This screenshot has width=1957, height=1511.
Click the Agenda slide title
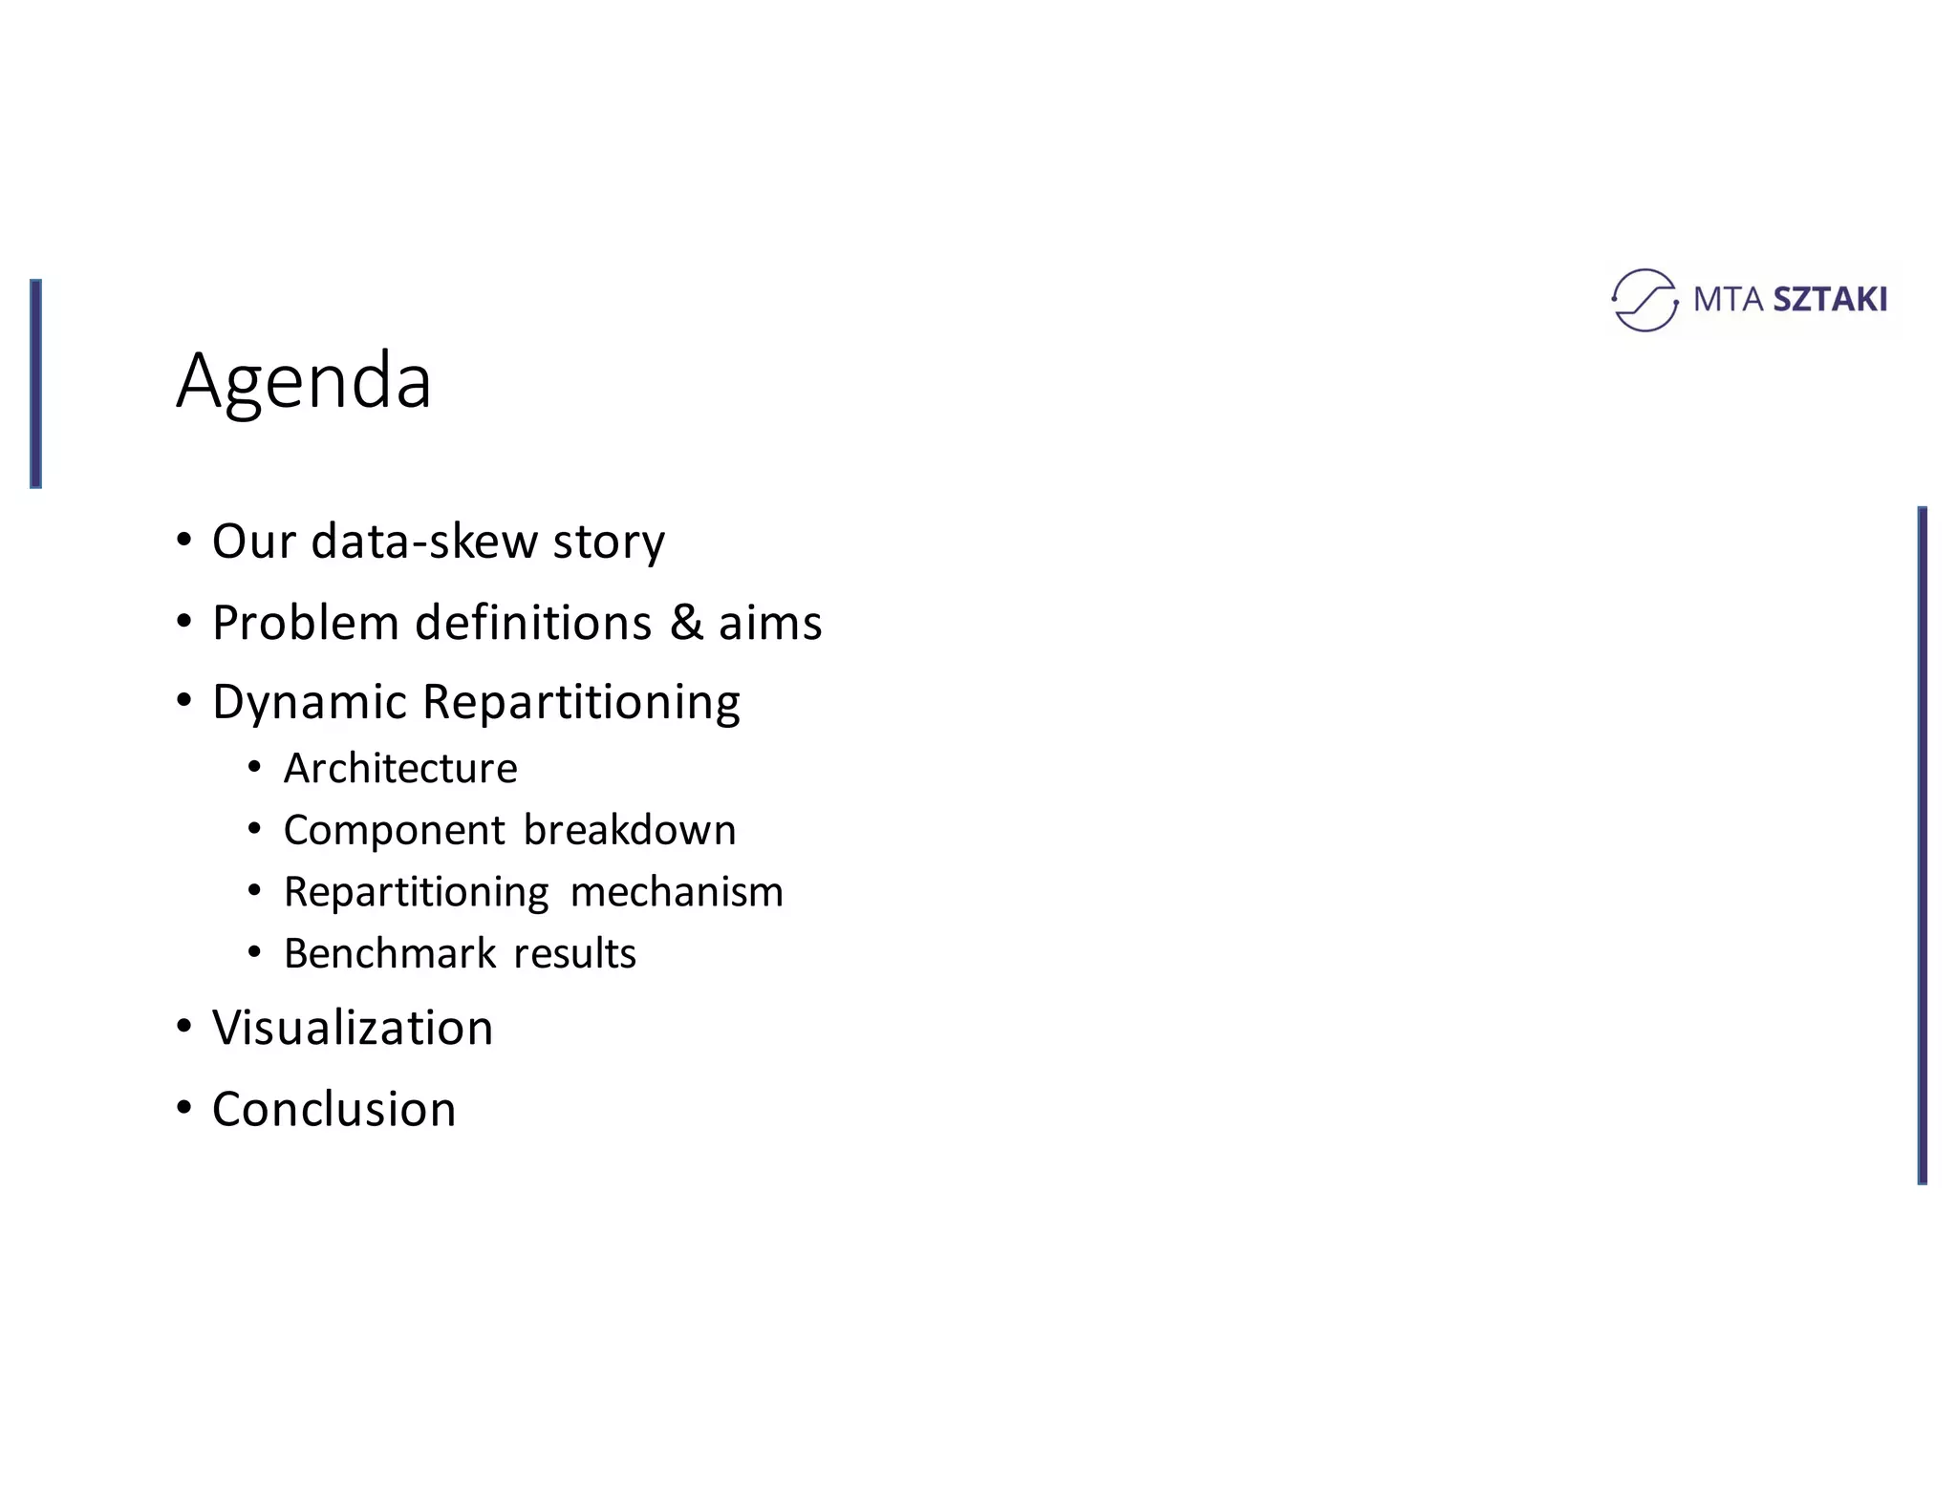pos(304,381)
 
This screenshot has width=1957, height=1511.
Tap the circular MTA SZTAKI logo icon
pos(1644,300)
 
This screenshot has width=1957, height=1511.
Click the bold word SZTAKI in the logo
pos(1829,300)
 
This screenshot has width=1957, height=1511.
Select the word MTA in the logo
pos(1728,300)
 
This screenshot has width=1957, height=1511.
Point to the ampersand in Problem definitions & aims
pos(686,623)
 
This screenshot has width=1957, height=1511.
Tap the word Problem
pos(306,623)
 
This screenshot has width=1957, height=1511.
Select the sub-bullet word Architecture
pos(400,769)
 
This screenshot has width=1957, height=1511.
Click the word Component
pos(394,831)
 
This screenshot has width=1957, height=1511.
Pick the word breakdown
pos(630,830)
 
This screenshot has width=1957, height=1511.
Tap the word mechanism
pos(677,892)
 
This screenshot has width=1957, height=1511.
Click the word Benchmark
pos(390,954)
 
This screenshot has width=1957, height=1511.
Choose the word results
pos(574,954)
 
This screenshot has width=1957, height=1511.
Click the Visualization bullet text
pos(353,1029)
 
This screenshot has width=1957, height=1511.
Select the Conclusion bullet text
pos(333,1110)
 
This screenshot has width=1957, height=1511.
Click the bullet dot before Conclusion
pos(184,1108)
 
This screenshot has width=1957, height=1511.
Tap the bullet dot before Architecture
pos(254,767)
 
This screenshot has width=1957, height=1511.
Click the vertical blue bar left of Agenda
pos(35,383)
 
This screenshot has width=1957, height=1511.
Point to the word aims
pos(770,623)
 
